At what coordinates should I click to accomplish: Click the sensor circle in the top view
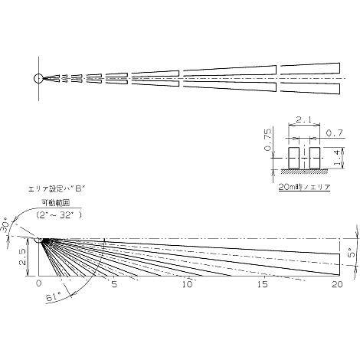38,78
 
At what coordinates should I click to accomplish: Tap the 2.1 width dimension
304,119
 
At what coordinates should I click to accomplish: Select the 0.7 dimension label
335,133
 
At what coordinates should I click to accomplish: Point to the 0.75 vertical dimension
268,139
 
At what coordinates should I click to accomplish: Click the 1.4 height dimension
338,158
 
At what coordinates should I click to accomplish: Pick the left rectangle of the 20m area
293,158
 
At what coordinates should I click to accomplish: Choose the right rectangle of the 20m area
315,158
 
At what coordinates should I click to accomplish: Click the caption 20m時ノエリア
304,187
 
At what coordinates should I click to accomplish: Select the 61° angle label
54,297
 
